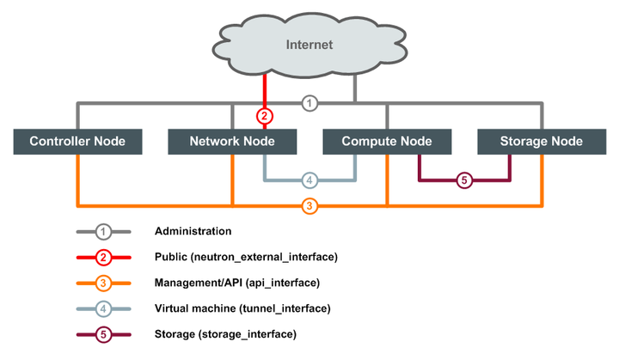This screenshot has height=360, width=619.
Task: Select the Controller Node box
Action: click(77, 141)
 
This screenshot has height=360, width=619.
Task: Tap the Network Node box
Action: click(232, 141)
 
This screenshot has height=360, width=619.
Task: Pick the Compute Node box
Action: click(387, 141)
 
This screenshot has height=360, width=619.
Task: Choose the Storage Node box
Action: click(542, 141)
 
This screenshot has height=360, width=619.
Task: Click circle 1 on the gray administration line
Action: click(310, 103)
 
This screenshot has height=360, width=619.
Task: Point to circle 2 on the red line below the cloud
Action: click(265, 115)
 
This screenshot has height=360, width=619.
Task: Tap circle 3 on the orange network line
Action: click(310, 206)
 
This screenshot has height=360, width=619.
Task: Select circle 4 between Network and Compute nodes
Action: click(310, 180)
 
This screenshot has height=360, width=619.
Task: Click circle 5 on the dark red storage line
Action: click(464, 180)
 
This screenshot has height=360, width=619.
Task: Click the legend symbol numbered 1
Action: click(103, 231)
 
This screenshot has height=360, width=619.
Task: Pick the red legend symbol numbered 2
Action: click(103, 257)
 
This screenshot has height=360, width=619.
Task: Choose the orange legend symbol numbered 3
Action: click(103, 283)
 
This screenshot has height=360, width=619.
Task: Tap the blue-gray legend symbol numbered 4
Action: click(103, 308)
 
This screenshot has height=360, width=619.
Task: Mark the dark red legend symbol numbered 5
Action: click(103, 333)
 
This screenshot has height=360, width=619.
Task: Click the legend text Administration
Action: click(193, 231)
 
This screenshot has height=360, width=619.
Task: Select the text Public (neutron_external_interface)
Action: click(246, 257)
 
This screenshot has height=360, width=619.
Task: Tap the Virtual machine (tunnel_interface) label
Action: click(242, 308)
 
